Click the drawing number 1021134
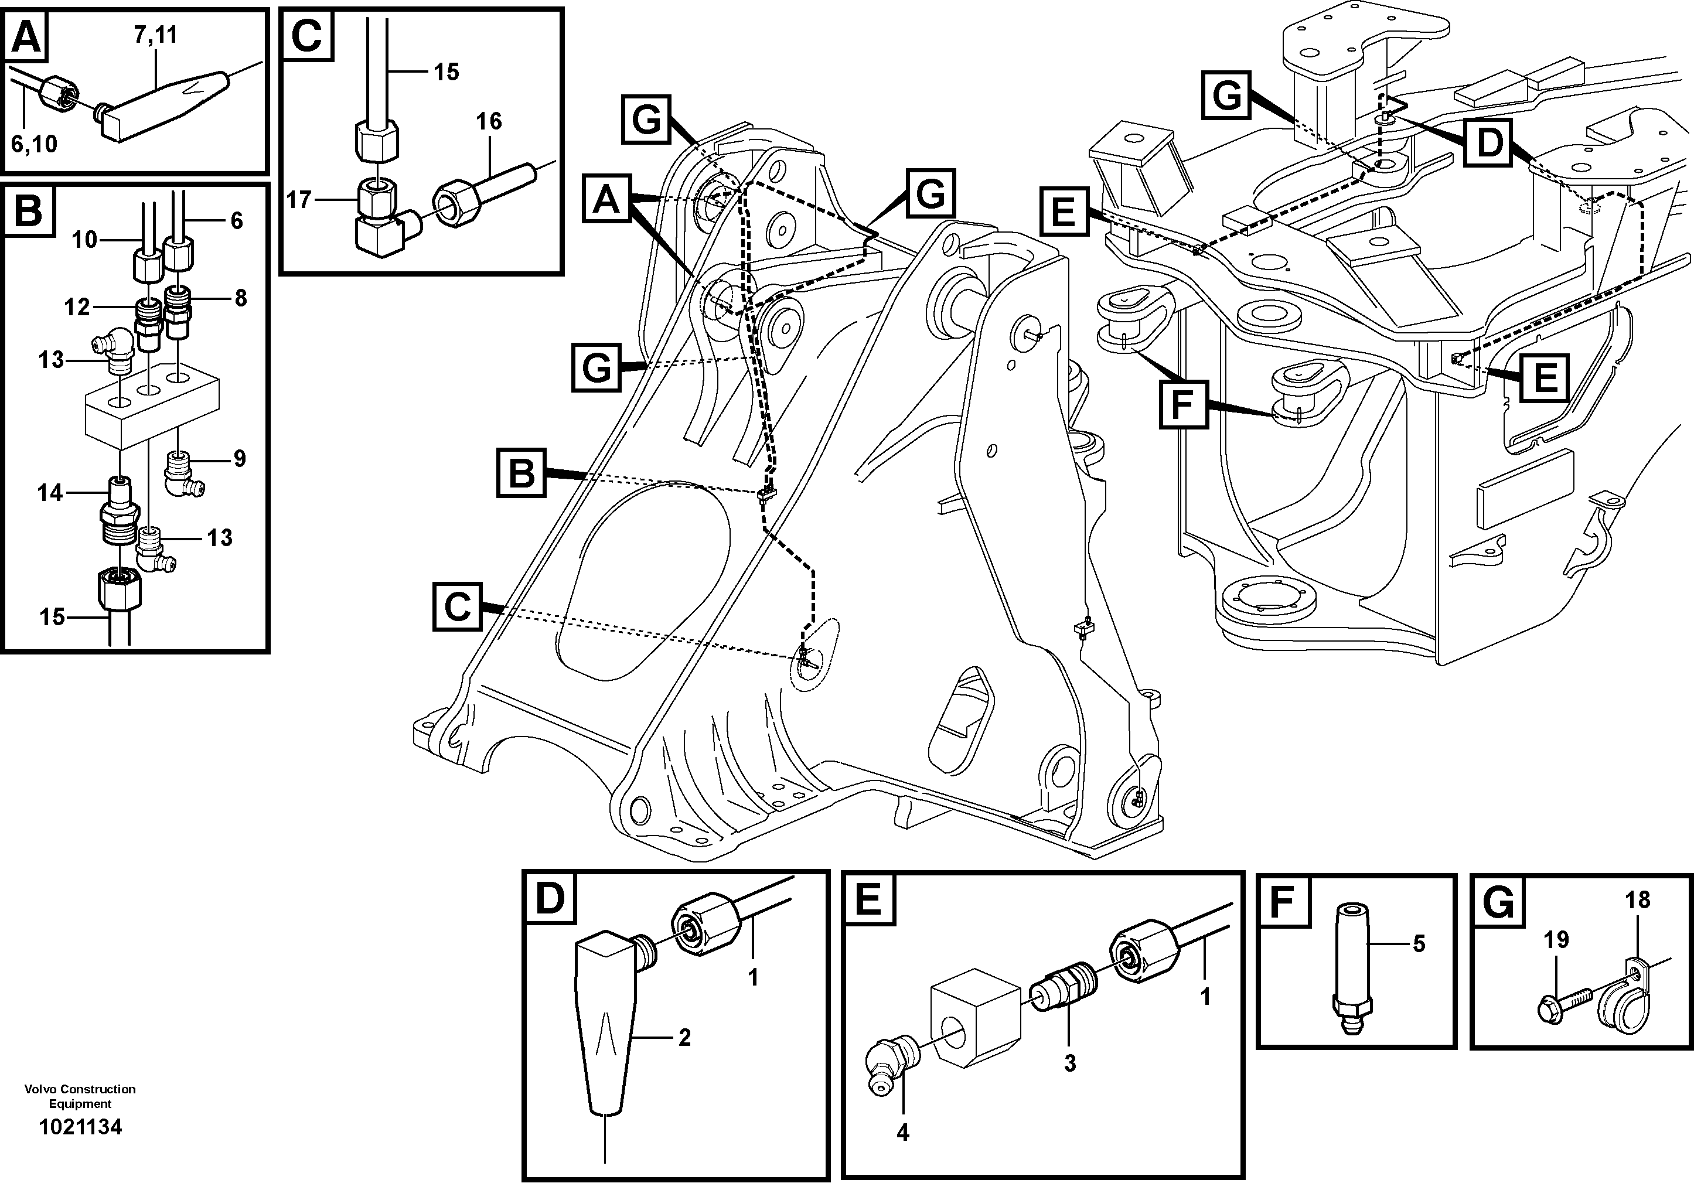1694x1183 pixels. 80,1127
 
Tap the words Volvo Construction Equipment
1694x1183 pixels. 80,1096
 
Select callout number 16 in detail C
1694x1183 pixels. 489,121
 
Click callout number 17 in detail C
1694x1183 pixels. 299,199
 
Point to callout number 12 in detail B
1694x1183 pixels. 77,306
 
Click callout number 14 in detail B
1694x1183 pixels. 50,492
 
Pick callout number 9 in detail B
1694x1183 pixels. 239,458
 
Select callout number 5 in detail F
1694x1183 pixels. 1419,943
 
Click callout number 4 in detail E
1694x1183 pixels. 902,1131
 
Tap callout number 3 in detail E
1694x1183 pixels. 1069,1063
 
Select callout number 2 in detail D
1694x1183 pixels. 684,1037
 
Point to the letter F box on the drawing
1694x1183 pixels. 1182,404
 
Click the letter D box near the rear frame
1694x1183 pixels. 1490,142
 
